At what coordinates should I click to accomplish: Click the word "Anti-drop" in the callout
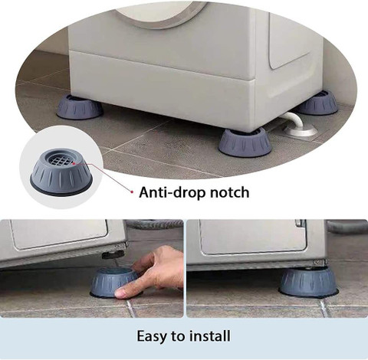tap(172, 192)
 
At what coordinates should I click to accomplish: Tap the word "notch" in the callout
tap(229, 192)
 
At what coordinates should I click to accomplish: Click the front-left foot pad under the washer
tap(80, 107)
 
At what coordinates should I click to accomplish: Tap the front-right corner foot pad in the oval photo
tap(245, 142)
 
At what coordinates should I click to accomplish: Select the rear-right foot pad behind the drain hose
tap(319, 103)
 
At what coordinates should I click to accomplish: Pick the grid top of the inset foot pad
tap(61, 161)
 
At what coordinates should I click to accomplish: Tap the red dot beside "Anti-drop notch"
tap(132, 191)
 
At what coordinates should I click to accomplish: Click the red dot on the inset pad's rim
tap(74, 162)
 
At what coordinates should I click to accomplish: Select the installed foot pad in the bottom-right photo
tap(308, 282)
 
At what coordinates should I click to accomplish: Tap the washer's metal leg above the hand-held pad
tap(113, 254)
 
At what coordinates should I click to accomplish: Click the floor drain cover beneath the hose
tap(300, 132)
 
